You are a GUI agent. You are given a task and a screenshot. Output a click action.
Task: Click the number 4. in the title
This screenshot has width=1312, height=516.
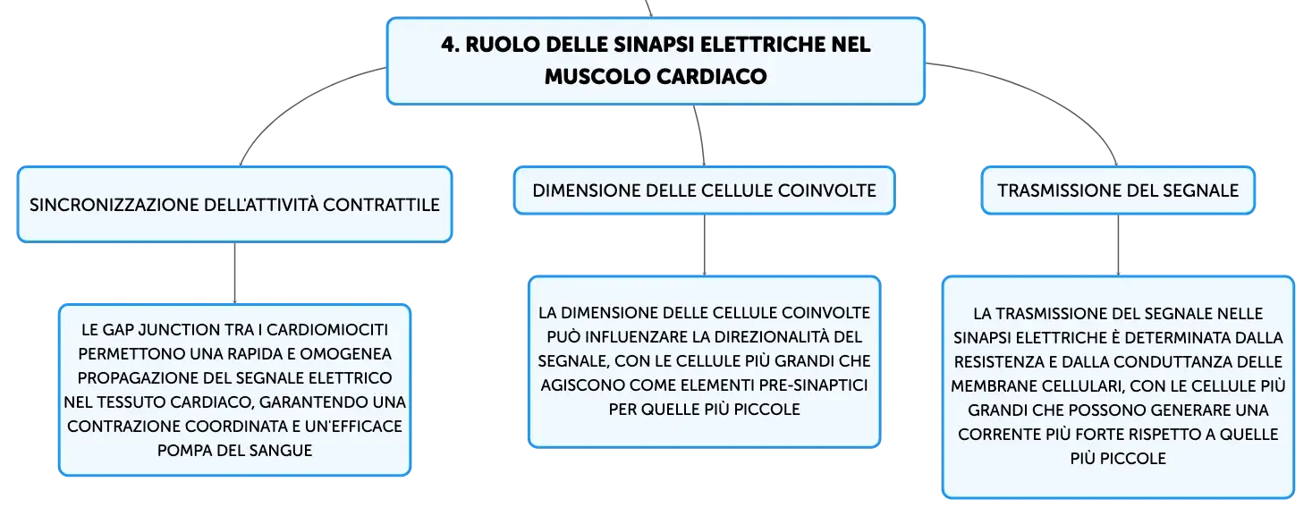[451, 45]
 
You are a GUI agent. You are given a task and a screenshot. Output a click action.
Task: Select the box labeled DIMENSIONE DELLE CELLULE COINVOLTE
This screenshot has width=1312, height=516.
[704, 190]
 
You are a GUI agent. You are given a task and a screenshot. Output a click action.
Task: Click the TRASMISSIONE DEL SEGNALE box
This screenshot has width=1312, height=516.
[1118, 190]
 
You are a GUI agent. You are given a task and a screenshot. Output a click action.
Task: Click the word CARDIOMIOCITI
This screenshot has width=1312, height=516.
[327, 330]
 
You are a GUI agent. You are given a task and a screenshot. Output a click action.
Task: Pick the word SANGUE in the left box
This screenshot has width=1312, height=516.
[284, 451]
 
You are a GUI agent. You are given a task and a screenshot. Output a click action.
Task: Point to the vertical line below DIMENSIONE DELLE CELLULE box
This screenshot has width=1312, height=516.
[704, 245]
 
